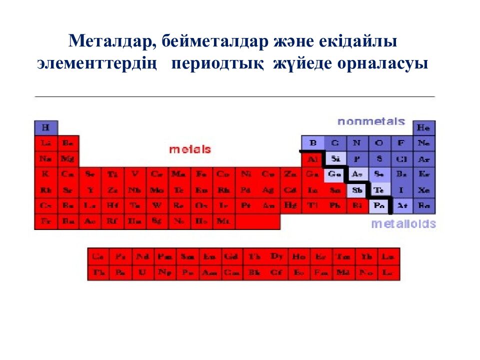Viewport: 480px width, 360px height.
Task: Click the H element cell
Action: pos(45,127)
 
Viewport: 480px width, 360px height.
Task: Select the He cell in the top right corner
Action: pos(423,127)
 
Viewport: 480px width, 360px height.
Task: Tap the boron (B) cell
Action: pos(313,143)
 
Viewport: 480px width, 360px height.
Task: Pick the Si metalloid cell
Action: pos(335,159)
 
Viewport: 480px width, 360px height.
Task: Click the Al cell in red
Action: pos(313,159)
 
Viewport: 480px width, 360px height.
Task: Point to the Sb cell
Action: pos(357,190)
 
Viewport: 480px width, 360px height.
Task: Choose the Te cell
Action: pos(379,190)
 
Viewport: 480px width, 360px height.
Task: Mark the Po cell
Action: pos(379,205)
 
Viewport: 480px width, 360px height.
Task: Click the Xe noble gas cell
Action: pos(424,190)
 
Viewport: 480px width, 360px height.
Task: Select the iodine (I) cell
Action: pos(401,190)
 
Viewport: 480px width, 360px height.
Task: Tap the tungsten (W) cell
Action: pos(157,205)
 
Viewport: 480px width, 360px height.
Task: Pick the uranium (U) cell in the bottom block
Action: pos(142,272)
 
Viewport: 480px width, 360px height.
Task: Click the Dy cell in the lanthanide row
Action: pos(276,256)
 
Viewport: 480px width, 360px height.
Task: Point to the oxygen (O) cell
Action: pos(379,143)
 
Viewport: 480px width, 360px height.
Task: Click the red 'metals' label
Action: pos(190,149)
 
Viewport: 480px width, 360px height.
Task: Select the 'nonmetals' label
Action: pos(371,121)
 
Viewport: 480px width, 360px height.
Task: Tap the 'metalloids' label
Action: pos(403,224)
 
